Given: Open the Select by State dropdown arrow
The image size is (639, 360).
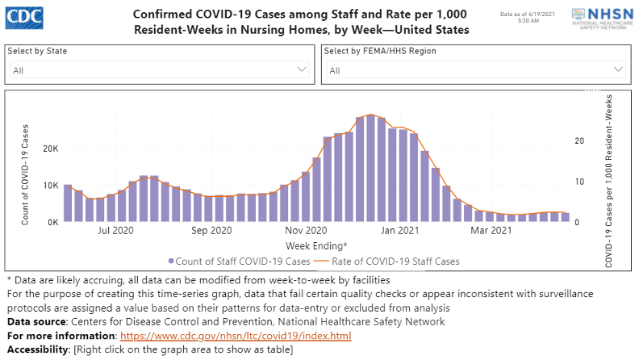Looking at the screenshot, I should coord(303,70).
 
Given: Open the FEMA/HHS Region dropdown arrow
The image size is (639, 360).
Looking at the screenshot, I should coord(619,70).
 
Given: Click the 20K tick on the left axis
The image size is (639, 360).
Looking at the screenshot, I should coord(49,149).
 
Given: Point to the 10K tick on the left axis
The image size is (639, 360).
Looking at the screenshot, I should coord(49,186).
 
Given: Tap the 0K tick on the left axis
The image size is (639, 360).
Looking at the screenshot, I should coord(52,222).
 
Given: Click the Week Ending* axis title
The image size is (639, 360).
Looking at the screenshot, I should coord(316,245).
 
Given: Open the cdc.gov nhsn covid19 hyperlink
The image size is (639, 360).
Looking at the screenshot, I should coord(236,335).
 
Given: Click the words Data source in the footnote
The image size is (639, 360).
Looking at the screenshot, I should coord(36,321).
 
